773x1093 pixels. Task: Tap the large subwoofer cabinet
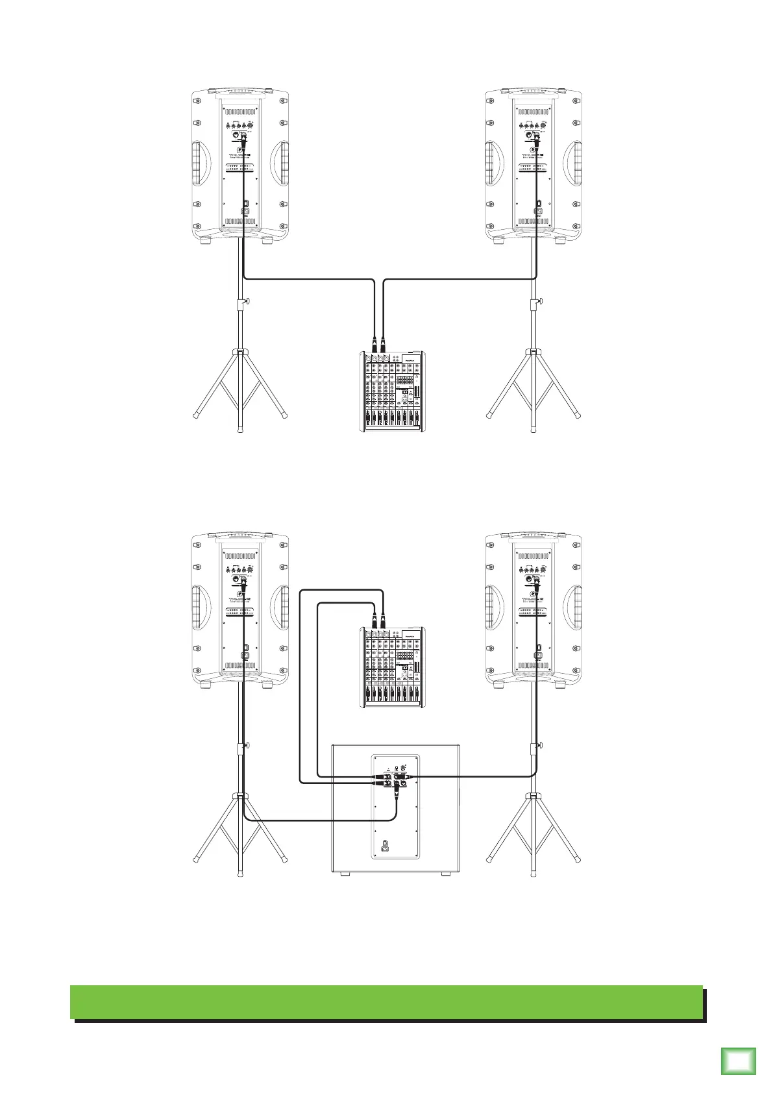(x=395, y=808)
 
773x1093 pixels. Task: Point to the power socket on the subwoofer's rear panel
(x=386, y=846)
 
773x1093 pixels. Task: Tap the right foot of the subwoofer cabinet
(x=445, y=874)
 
